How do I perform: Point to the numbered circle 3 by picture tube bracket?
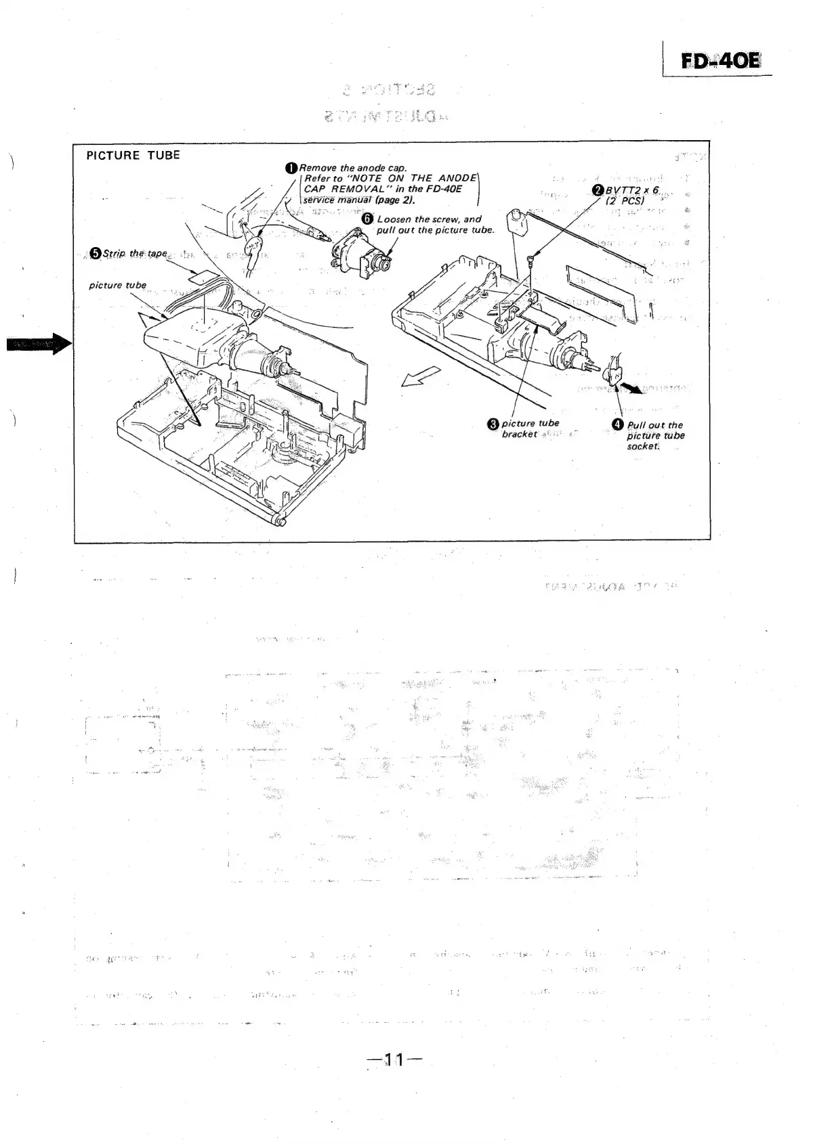click(494, 424)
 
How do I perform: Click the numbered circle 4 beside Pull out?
click(618, 424)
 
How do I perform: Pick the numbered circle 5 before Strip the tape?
click(96, 253)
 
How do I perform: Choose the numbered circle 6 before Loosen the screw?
click(367, 219)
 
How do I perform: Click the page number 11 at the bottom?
click(393, 1059)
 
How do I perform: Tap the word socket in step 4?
click(642, 446)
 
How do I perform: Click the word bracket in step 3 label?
click(520, 434)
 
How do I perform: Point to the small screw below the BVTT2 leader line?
click(532, 258)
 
